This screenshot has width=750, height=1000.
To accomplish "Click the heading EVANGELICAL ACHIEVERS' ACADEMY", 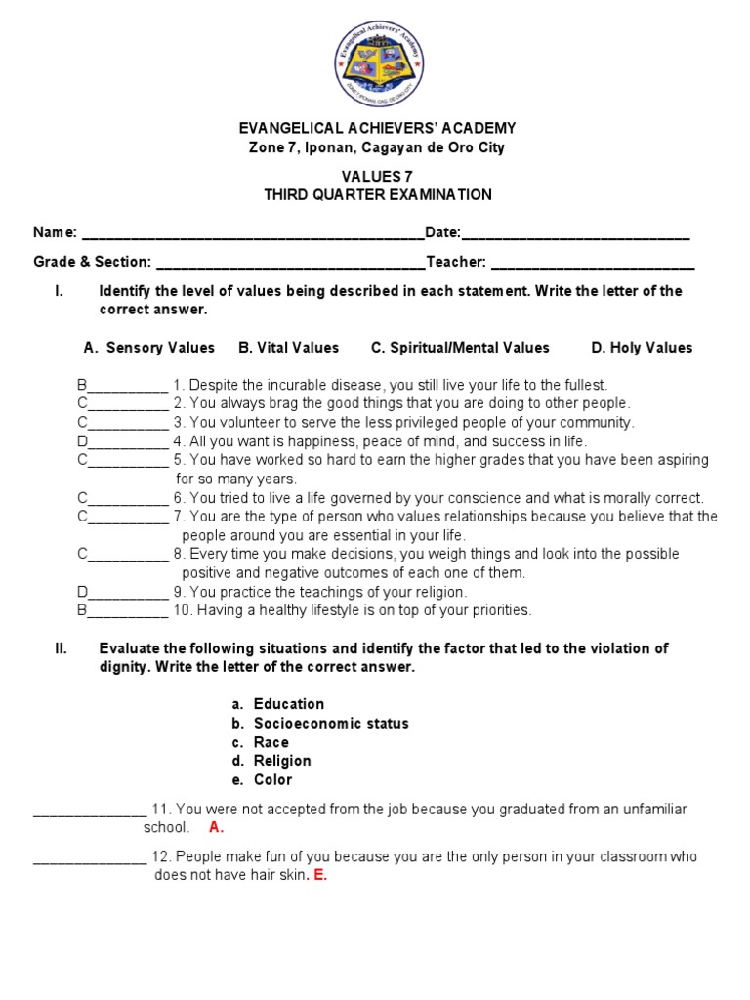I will tap(377, 129).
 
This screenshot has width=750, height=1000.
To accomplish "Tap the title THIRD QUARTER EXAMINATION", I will tap(377, 194).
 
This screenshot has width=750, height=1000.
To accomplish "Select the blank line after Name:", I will tap(253, 234).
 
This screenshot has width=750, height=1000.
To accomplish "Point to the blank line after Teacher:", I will tap(593, 263).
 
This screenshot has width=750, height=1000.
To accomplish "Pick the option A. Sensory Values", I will tap(149, 348).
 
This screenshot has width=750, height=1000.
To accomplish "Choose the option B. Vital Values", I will tap(288, 348).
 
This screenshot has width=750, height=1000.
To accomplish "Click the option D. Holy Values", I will tap(642, 348).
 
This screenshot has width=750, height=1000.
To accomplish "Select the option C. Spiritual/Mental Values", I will tap(460, 348).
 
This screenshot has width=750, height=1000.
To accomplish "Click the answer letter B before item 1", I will tap(82, 385).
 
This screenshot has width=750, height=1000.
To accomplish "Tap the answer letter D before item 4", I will tap(82, 441).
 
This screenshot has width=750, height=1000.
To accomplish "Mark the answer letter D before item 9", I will tap(82, 592).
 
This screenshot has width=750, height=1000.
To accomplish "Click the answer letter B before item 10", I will tap(82, 610).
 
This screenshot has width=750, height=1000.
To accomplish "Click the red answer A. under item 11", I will tap(216, 828).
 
